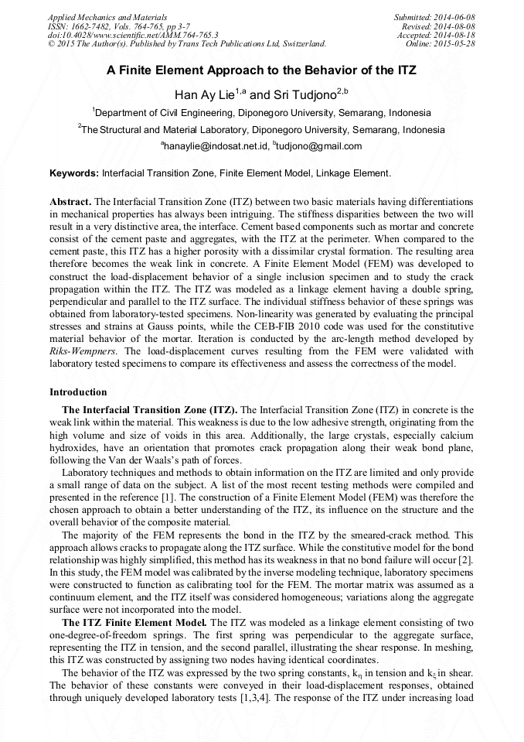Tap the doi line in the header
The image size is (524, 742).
point(133,35)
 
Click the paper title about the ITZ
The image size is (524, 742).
point(261,70)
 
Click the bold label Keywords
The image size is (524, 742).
point(74,173)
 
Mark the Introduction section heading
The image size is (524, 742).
point(78,392)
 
